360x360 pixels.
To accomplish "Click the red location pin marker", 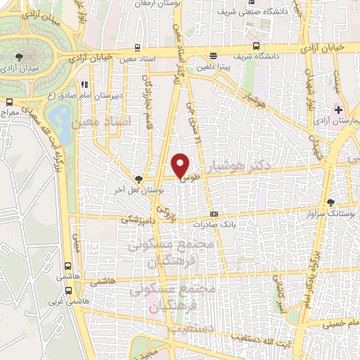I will click(181, 165).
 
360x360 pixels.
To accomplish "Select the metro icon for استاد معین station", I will click(137, 49).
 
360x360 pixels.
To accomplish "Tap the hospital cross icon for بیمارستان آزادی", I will click(339, 110).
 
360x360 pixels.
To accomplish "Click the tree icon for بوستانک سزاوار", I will click(330, 202).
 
